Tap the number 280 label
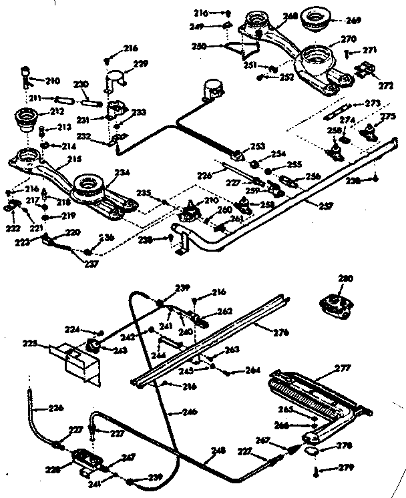(345, 278)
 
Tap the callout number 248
(218, 450)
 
